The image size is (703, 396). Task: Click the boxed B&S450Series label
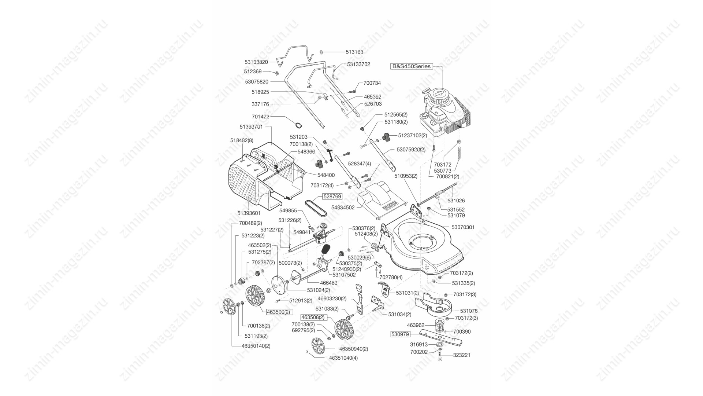point(412,66)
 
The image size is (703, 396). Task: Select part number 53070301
point(463,227)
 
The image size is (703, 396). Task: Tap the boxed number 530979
point(399,334)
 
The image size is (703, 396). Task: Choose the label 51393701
point(251,127)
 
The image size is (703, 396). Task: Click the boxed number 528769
point(332,197)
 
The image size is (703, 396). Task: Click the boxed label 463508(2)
point(313,317)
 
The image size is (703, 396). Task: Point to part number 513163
point(354,52)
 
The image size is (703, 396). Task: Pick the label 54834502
point(343,208)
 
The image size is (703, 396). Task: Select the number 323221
point(462,355)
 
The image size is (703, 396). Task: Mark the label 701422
point(261,117)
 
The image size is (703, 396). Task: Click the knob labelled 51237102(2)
point(386,137)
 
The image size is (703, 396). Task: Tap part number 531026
point(456,201)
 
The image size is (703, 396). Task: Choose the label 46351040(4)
point(343,358)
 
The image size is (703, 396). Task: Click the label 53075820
point(257,82)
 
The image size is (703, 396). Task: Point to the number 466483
point(329,283)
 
